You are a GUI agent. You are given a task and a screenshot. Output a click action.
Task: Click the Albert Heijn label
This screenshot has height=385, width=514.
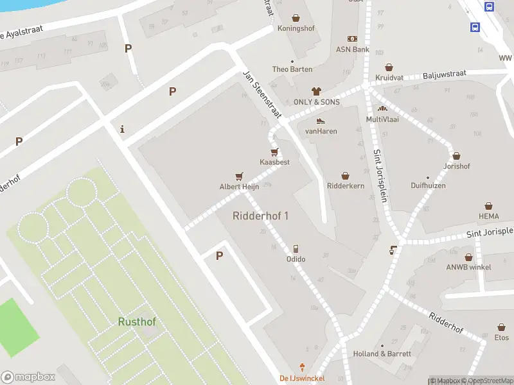(x=239, y=187)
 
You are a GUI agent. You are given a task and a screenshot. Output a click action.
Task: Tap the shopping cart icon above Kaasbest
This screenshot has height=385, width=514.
(x=274, y=152)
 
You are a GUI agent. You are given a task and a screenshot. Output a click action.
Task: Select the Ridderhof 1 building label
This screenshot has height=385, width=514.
(x=260, y=216)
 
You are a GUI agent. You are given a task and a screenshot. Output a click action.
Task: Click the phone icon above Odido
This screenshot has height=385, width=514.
(x=296, y=248)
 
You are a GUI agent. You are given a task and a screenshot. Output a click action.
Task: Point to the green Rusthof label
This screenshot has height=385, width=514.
(x=137, y=321)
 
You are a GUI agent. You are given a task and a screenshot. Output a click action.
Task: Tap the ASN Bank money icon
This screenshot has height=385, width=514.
(x=352, y=39)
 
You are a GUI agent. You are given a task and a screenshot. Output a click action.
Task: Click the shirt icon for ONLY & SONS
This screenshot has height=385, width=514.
(x=315, y=91)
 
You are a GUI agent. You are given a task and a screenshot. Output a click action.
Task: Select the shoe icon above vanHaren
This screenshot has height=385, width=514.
(x=321, y=121)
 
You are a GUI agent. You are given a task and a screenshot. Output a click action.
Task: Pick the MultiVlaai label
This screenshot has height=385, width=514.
(x=382, y=119)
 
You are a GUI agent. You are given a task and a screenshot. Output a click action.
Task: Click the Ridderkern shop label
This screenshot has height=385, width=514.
(x=346, y=186)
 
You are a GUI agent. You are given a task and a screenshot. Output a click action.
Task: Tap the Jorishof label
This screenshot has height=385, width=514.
(x=456, y=166)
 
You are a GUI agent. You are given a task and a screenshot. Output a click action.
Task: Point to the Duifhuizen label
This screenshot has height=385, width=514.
(x=428, y=186)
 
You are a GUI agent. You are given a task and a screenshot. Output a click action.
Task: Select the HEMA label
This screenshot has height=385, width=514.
(x=488, y=216)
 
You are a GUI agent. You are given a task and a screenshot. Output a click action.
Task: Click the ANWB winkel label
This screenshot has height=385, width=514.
(x=470, y=267)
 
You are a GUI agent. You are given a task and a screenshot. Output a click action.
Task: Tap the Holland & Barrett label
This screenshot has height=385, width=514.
(x=382, y=354)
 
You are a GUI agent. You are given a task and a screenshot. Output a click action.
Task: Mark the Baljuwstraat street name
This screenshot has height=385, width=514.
(x=445, y=76)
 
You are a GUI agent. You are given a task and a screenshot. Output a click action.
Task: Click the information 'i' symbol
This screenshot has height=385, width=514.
(x=123, y=129)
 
